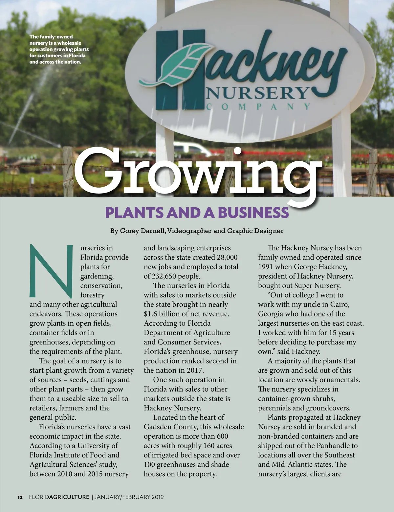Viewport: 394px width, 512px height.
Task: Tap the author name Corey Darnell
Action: (142, 231)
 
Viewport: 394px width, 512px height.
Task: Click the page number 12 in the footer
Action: (20, 497)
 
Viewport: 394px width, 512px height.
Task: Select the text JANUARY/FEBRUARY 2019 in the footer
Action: (129, 497)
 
